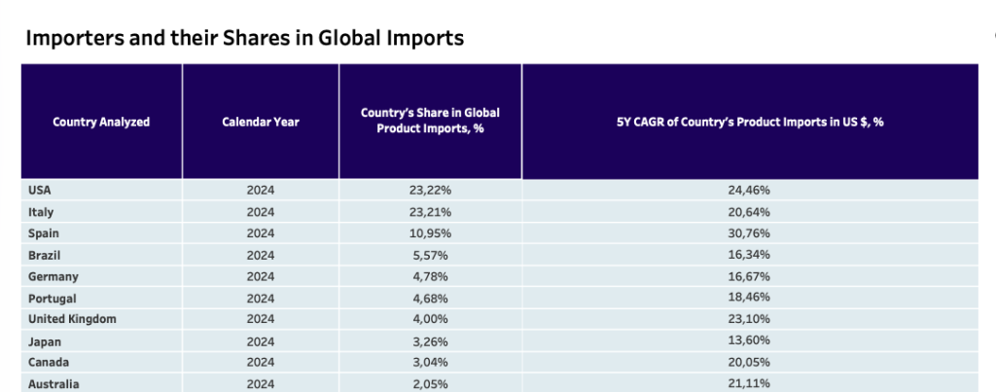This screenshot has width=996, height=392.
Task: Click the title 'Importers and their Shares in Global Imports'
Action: [x=243, y=38]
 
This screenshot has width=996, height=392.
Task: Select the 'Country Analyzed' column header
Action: [x=101, y=122]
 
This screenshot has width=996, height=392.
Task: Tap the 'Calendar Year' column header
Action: [x=261, y=122]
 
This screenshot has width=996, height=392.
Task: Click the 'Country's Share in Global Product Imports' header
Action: [x=430, y=121]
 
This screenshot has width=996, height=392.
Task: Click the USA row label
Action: [x=41, y=190]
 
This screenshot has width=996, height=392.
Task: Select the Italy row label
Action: [x=41, y=211]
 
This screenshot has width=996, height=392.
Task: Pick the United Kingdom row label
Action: [x=68, y=320]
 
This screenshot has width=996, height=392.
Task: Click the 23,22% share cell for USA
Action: [x=430, y=190]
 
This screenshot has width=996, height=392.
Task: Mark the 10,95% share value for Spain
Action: [x=430, y=233]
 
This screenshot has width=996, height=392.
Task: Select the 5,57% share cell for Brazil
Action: [x=430, y=255]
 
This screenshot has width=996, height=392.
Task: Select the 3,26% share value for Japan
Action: [x=430, y=341]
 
